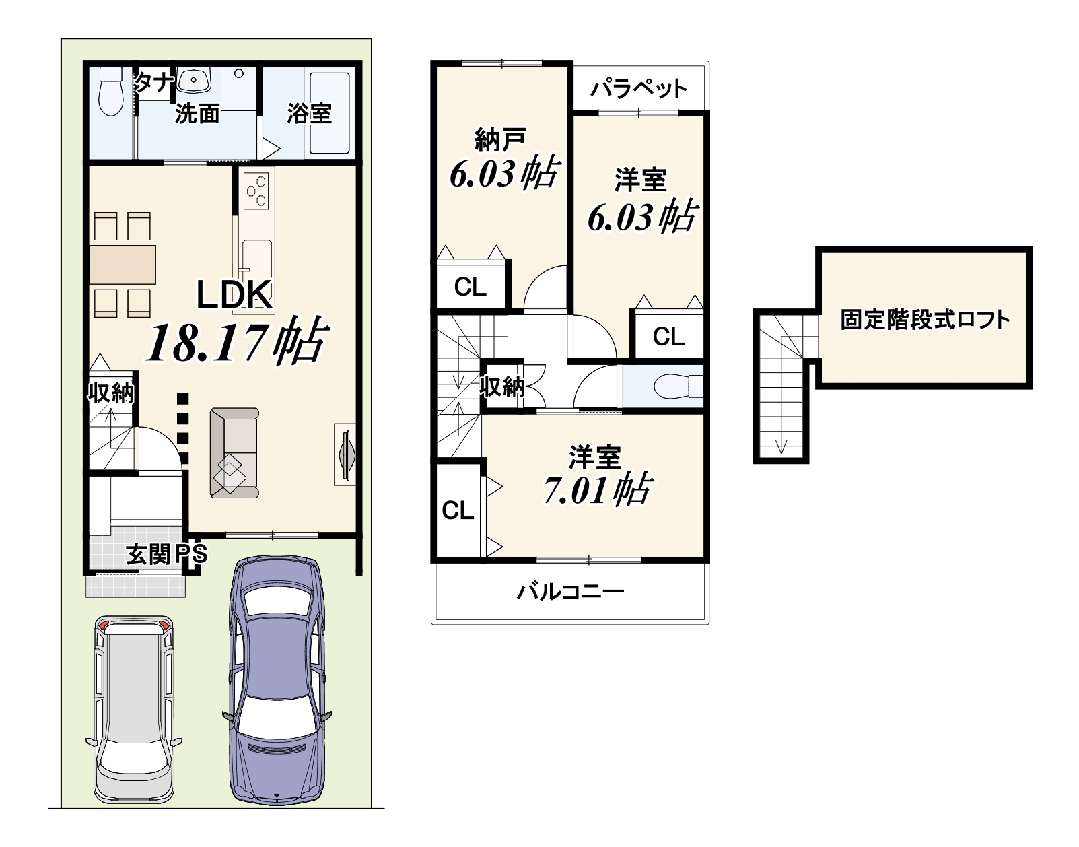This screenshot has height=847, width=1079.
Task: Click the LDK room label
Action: (x=234, y=294)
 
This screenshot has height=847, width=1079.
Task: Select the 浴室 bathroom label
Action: (x=309, y=114)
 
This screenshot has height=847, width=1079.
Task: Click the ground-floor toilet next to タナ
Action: (x=111, y=91)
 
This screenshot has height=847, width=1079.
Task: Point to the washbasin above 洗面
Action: (x=194, y=80)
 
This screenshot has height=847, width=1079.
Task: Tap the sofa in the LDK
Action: (x=234, y=453)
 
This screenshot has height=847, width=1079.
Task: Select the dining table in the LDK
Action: (x=123, y=265)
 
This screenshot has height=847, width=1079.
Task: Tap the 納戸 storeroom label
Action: (x=499, y=139)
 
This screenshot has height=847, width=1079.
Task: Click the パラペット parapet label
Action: (x=639, y=89)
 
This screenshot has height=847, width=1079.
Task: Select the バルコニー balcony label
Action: (x=571, y=592)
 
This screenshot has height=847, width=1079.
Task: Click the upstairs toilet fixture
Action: (x=678, y=386)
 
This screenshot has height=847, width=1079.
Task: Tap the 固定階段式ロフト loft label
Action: (x=925, y=320)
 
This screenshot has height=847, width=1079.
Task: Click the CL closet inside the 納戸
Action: (x=471, y=286)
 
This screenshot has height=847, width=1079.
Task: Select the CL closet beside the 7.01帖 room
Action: (x=458, y=510)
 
